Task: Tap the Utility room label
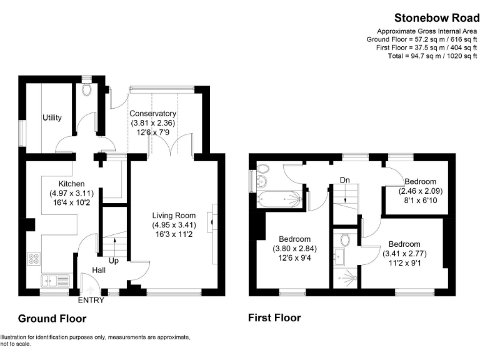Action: click(x=52, y=117)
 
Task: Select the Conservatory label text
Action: click(x=153, y=114)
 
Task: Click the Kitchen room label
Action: click(x=71, y=184)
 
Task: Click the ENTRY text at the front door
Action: click(x=91, y=301)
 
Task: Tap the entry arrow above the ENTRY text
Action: click(x=91, y=290)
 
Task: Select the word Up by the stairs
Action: click(x=114, y=260)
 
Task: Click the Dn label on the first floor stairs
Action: click(x=344, y=180)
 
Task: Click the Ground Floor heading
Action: click(x=52, y=319)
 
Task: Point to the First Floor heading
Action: click(x=274, y=318)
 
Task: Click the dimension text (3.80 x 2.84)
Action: click(x=294, y=249)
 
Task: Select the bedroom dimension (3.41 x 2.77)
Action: click(x=404, y=254)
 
